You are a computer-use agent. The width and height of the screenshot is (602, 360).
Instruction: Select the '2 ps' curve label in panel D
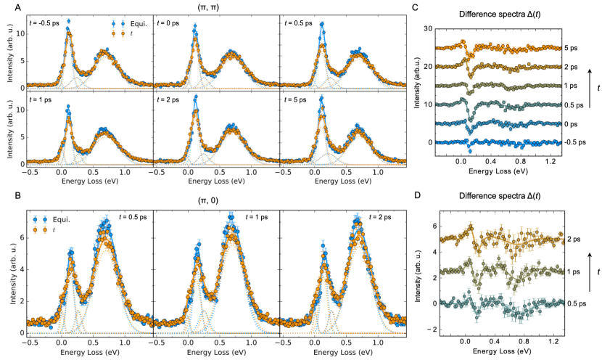point(572,238)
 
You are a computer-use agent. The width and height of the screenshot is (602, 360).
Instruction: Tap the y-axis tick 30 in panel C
point(428,29)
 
